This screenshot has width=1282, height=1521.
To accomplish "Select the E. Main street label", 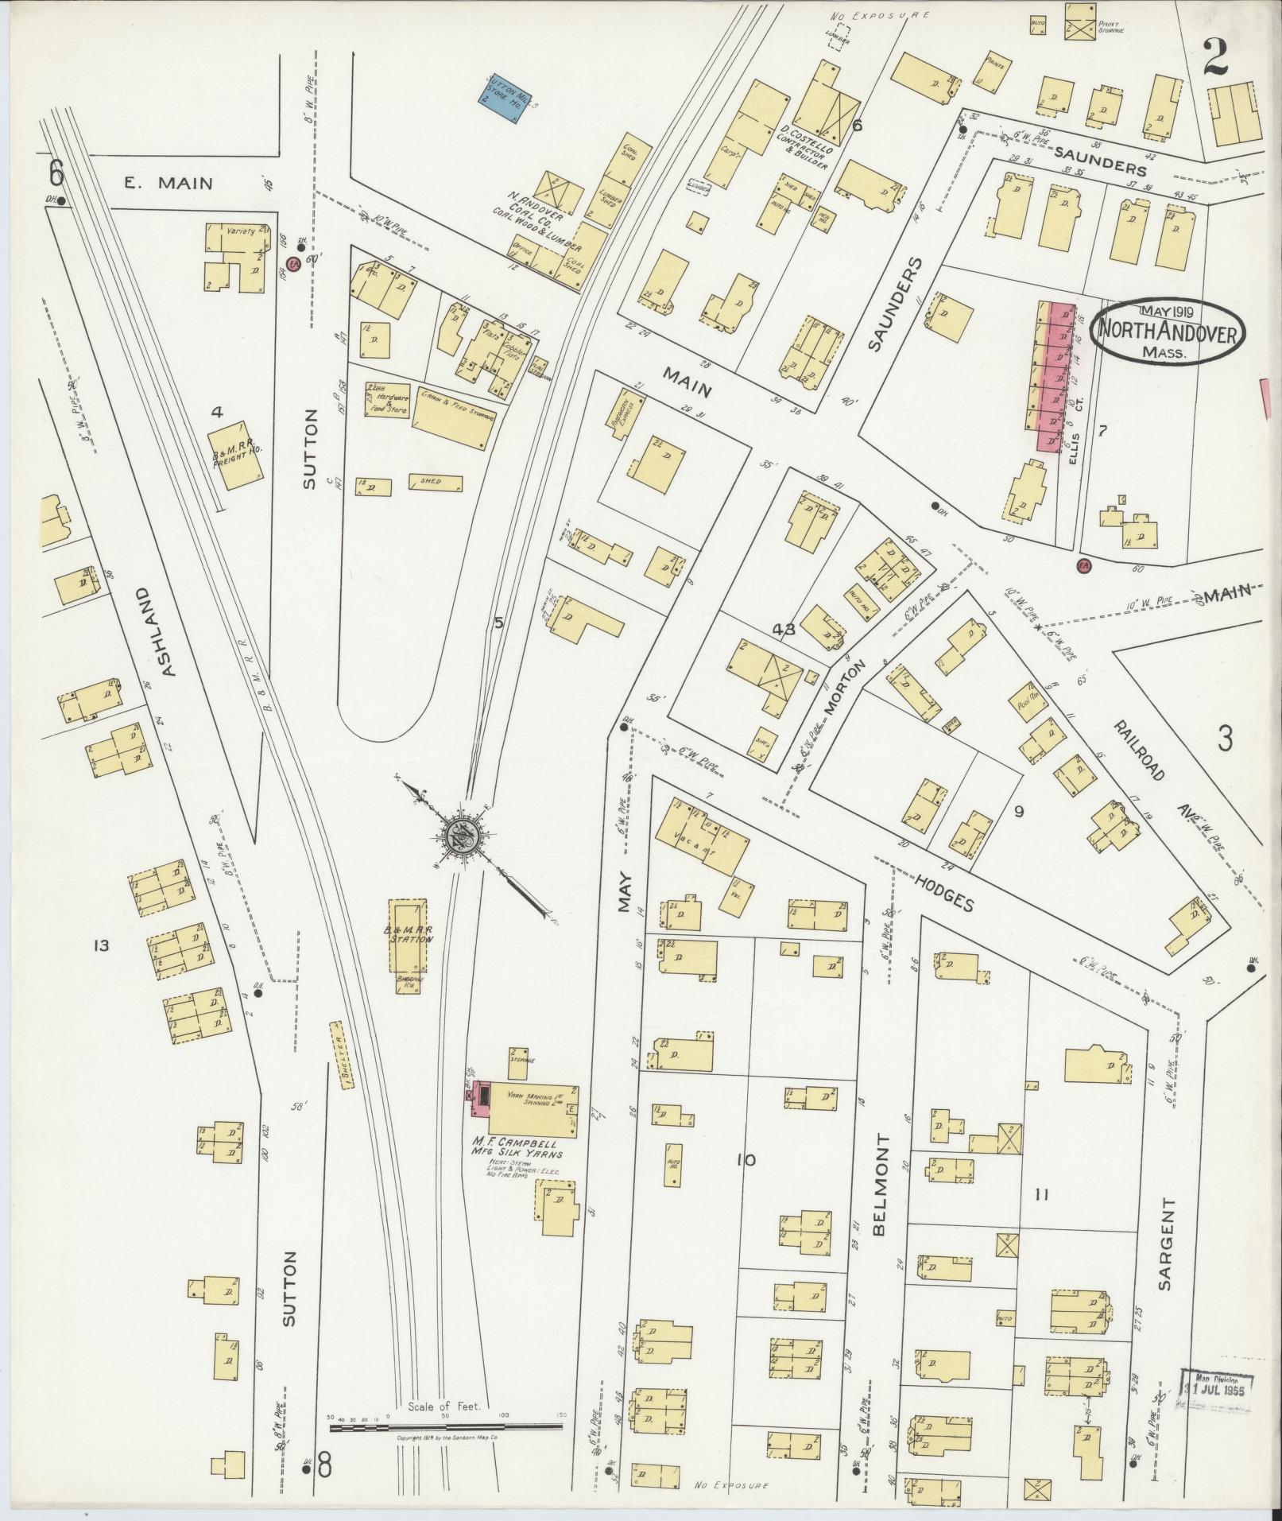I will coord(168,184).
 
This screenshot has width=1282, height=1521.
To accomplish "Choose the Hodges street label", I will coord(943,890).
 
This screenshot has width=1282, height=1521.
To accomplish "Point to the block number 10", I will coord(746,1160).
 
